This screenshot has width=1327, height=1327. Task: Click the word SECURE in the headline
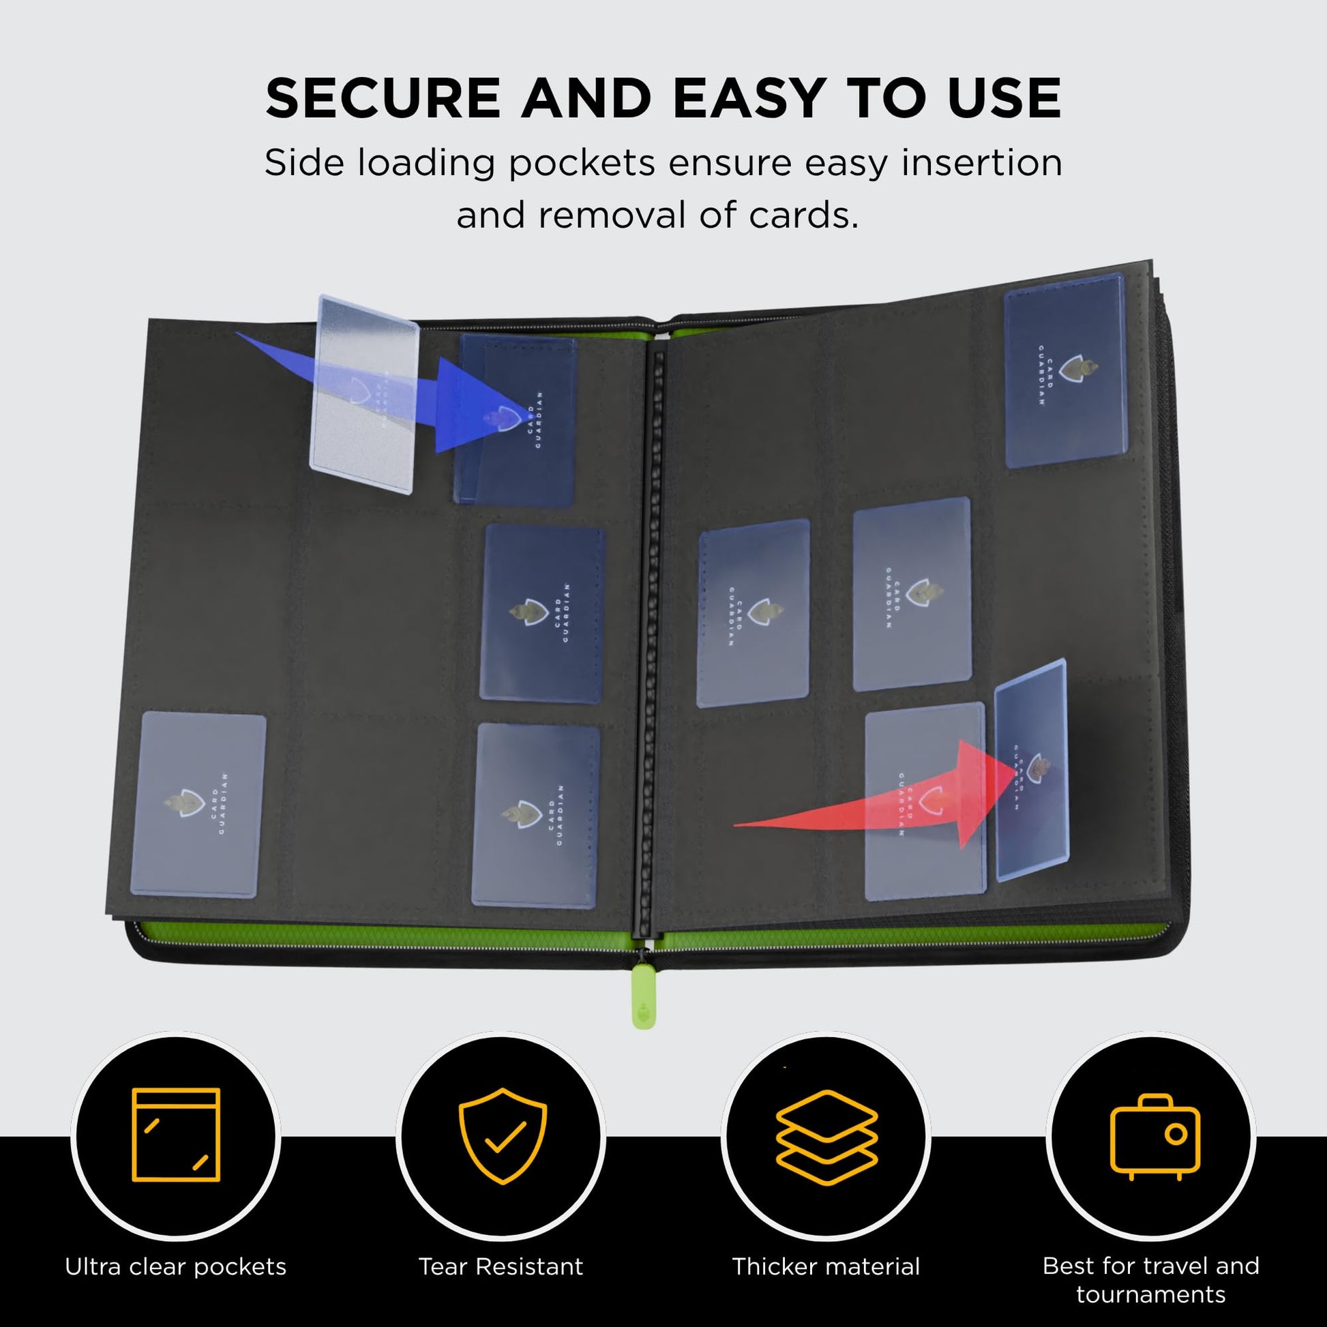(383, 98)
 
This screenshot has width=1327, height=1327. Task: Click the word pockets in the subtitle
(581, 164)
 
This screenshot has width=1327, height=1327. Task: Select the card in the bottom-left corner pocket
(198, 803)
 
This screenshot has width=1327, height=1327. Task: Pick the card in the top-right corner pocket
(1064, 371)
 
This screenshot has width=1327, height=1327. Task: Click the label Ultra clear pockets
(176, 1266)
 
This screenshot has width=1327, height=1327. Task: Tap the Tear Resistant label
(501, 1266)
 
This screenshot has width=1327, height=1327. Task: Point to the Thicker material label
(826, 1266)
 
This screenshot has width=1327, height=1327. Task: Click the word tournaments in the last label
(1150, 1295)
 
